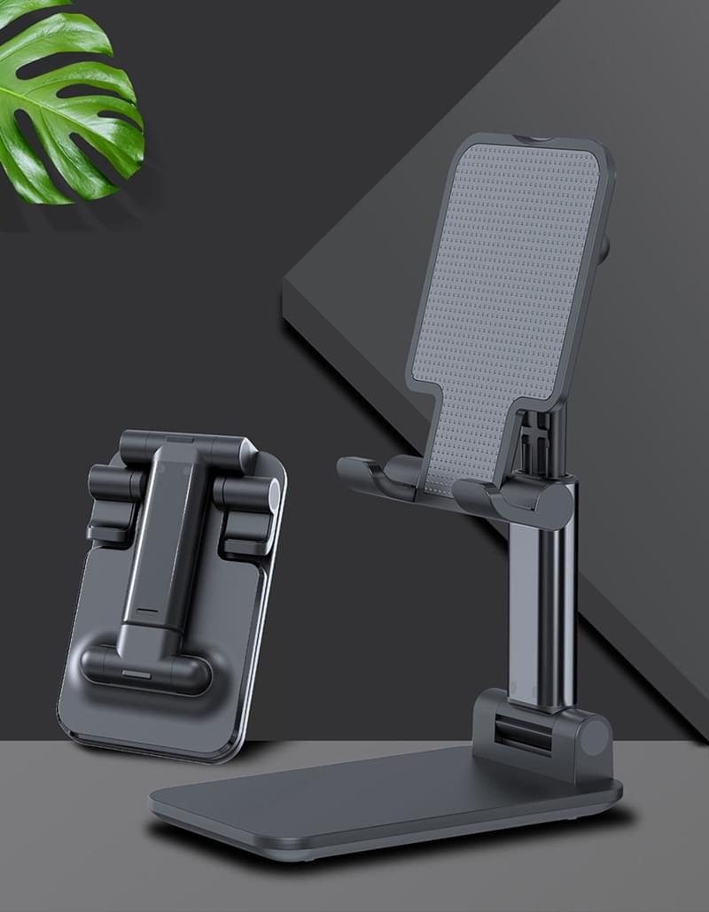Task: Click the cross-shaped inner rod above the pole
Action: pos(534,443)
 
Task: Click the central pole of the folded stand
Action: pos(160,550)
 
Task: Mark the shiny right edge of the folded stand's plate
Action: pos(266,620)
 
